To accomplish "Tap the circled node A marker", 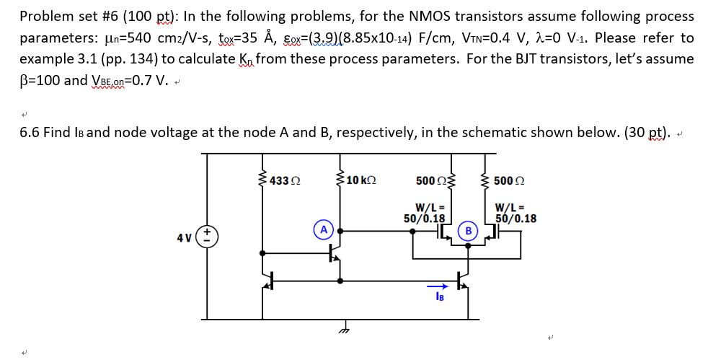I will (x=324, y=229).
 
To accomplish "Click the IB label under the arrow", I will (x=439, y=297).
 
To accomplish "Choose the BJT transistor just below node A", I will (x=335, y=253).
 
